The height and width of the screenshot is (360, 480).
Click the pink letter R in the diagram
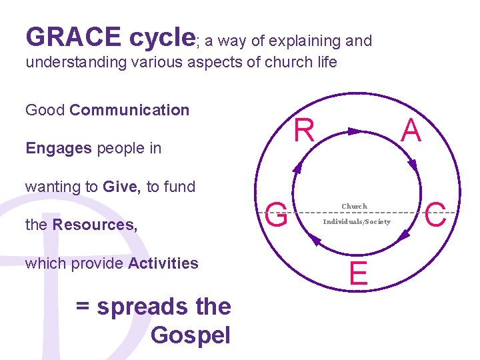304,131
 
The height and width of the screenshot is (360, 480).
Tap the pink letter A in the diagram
411,131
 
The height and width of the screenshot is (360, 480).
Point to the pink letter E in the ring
358,274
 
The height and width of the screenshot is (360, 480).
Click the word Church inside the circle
354,207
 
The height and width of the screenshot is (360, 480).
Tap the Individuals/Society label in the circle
357,221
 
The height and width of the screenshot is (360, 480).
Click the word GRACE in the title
73,37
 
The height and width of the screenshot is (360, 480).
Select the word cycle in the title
161,37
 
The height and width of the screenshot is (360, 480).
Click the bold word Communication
129,110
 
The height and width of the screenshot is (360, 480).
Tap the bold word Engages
59,148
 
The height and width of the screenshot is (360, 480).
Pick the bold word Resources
95,225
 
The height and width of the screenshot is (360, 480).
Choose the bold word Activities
163,263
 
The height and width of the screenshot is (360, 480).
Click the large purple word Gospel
191,335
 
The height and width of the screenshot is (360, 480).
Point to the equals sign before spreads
83,307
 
